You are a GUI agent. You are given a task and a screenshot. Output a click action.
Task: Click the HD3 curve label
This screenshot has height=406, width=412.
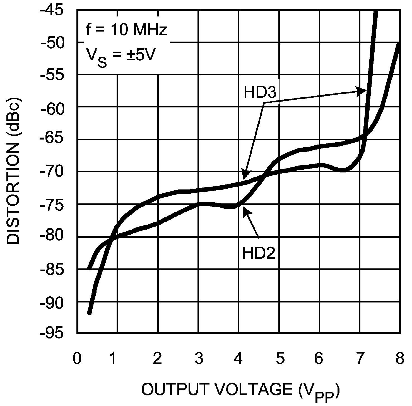pyautogui.click(x=260, y=92)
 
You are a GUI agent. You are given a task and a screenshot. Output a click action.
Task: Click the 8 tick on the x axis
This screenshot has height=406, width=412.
pyautogui.click(x=400, y=359)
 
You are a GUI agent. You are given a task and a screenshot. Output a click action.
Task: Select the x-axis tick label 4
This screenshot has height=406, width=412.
pyautogui.click(x=238, y=359)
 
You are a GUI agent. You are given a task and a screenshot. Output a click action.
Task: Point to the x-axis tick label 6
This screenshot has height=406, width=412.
pyautogui.click(x=319, y=359)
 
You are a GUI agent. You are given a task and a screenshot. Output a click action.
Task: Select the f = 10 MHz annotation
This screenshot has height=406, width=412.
pyautogui.click(x=127, y=30)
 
